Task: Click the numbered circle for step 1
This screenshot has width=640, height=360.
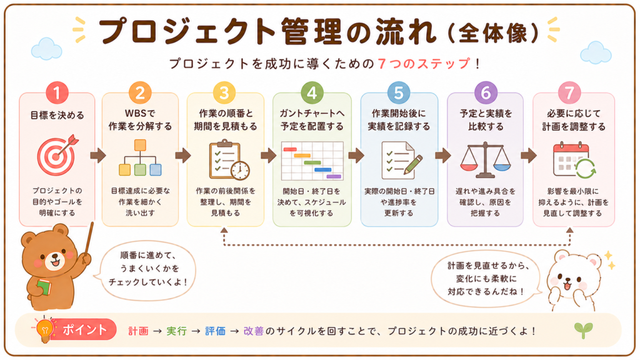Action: pos(57,92)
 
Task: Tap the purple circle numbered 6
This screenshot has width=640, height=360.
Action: pos(485,92)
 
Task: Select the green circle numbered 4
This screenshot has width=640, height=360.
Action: pos(312,92)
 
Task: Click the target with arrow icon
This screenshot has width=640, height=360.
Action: pos(57,155)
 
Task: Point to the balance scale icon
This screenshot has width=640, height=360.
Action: pos(485,159)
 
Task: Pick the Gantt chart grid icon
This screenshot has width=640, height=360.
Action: pos(312,161)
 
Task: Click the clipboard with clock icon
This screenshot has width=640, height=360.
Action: pos(229,160)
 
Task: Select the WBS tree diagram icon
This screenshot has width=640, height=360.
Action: pos(140,157)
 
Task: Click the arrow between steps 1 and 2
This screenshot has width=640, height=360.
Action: pos(98,155)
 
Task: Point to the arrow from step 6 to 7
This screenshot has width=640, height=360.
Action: pos(529,155)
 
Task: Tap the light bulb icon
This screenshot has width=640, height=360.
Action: pos(45,329)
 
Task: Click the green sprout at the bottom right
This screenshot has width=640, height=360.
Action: pos(583,330)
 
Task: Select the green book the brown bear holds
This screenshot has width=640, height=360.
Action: pos(44,287)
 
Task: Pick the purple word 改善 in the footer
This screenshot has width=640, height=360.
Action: pos(254,331)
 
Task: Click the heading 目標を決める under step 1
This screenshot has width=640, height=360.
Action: pos(57,115)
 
